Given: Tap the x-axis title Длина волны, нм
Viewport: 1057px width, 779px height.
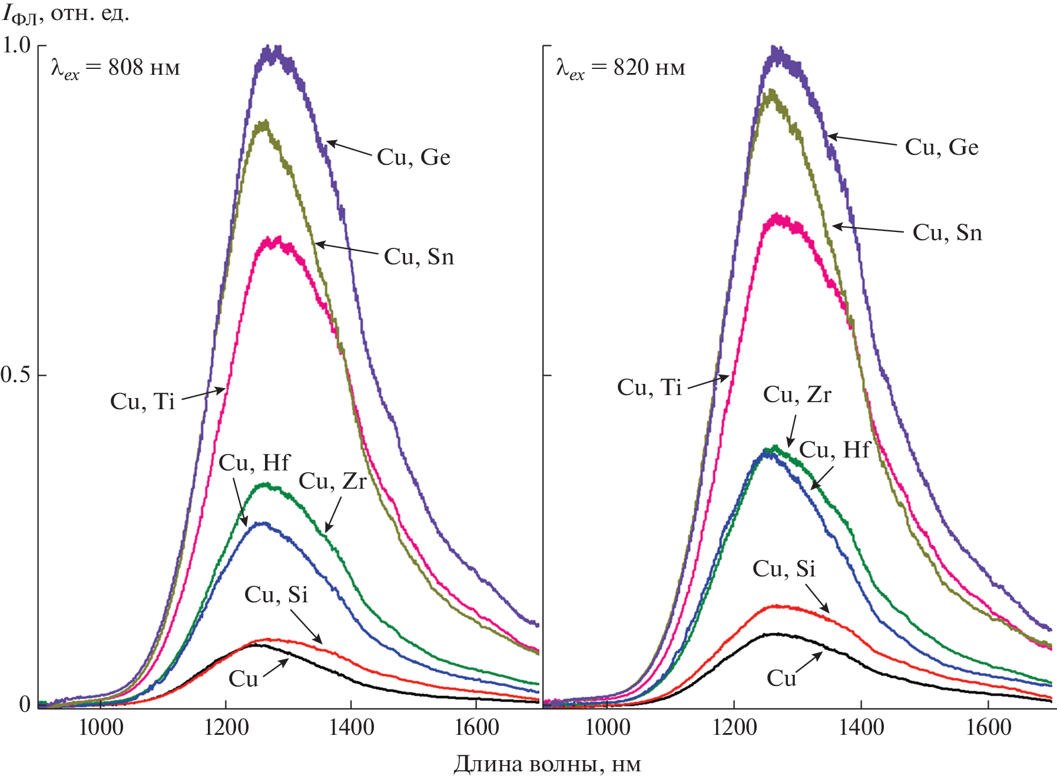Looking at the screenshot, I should (546, 764).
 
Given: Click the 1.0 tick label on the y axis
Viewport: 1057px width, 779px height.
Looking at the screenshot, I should (16, 45).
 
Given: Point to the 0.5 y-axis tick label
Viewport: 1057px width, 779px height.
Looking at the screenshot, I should (16, 374).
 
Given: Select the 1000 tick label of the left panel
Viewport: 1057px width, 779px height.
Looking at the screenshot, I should (101, 727).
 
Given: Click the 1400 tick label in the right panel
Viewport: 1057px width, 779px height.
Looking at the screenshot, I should (861, 727).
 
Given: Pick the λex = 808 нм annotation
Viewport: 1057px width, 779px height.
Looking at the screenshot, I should (115, 68).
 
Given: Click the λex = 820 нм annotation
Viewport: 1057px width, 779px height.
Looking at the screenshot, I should (621, 68).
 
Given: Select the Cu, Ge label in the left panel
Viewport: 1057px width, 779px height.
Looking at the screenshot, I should (413, 158).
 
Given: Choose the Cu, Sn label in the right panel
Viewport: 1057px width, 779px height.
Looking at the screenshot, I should (947, 233).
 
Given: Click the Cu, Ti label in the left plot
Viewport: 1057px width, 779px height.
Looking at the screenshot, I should (143, 402).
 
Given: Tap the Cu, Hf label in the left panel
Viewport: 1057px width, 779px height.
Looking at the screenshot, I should (254, 463).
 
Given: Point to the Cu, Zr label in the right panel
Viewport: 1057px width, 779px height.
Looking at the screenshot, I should (797, 395).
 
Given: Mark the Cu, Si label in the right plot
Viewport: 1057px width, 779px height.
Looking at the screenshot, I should (784, 569).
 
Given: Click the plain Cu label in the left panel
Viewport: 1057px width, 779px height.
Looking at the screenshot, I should (243, 679).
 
